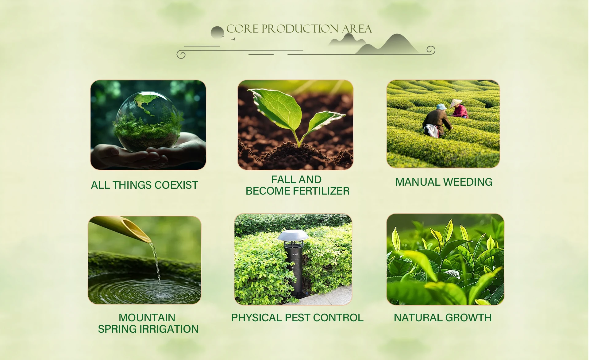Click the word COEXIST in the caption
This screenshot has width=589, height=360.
tap(176, 185)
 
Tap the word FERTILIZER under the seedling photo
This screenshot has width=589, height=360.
tap(321, 191)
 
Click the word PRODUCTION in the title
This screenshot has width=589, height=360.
tap(300, 29)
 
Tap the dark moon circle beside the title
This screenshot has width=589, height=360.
tap(217, 33)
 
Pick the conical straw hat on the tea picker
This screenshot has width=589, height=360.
tap(456, 103)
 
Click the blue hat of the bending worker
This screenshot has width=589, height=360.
tap(441, 107)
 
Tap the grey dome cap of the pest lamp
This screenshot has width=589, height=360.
tap(293, 235)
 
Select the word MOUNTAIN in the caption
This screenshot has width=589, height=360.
tap(147, 318)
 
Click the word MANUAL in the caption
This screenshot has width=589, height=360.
tap(418, 182)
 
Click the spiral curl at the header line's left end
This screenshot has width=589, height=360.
tap(181, 55)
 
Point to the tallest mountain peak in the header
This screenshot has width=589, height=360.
tap(398, 35)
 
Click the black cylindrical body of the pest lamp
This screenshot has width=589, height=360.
tap(294, 270)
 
